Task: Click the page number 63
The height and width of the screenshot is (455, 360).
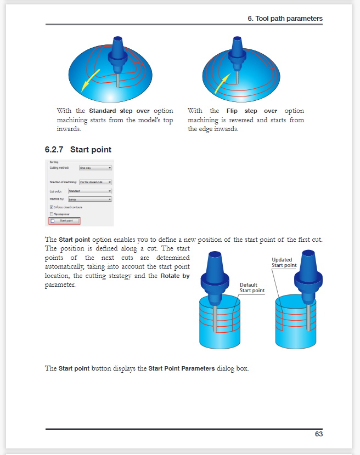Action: coord(318,434)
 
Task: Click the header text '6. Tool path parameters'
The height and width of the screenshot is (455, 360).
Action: coord(285,19)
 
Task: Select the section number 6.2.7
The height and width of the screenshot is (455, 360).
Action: coord(54,150)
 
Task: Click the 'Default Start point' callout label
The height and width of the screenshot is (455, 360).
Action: coord(252,287)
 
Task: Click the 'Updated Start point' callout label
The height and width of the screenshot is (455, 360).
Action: coord(284,263)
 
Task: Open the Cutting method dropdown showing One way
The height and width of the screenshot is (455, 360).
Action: coord(95,168)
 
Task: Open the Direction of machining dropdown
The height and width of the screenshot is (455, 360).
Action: coord(95,181)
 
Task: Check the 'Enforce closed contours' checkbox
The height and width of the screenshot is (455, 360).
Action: coord(52,207)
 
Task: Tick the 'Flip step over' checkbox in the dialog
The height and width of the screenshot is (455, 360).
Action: coord(52,214)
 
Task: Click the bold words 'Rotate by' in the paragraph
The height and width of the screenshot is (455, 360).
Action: coord(175,276)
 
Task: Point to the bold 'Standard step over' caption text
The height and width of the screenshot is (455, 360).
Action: coord(119,111)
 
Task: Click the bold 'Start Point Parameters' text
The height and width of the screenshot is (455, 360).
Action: coord(182,368)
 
